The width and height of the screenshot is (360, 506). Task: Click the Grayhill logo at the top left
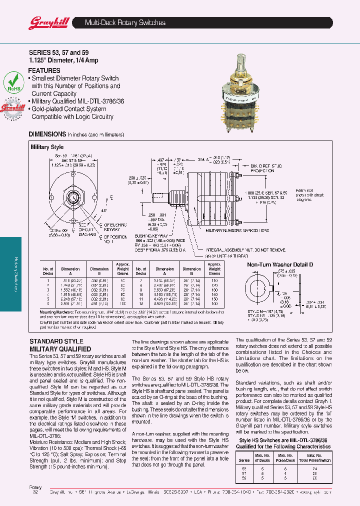click(x=45, y=22)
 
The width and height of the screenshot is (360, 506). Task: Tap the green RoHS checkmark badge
click(x=14, y=81)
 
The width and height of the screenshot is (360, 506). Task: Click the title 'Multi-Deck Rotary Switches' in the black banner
click(x=125, y=22)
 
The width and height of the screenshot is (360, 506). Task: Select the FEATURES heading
click(x=44, y=71)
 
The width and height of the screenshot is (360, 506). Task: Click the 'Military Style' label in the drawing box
click(x=47, y=147)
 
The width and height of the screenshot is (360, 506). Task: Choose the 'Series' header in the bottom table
click(x=244, y=460)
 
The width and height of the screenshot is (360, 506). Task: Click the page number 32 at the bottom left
click(x=35, y=492)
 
